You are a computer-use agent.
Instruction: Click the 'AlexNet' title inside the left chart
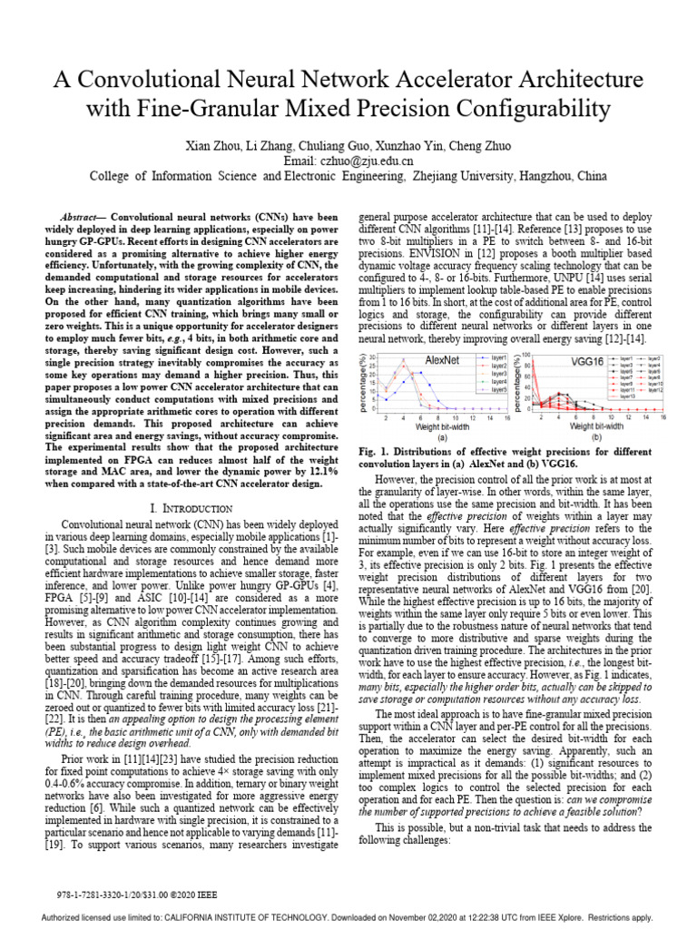(x=443, y=360)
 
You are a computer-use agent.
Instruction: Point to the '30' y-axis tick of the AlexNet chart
(x=376, y=357)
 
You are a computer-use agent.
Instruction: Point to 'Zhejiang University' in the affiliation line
(x=465, y=176)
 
